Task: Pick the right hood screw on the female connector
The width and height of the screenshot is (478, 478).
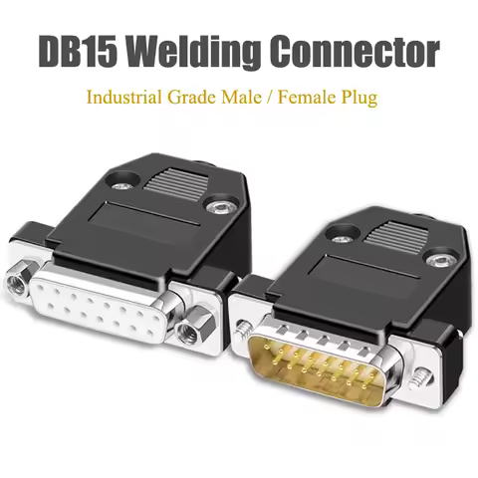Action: pos(217,207)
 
